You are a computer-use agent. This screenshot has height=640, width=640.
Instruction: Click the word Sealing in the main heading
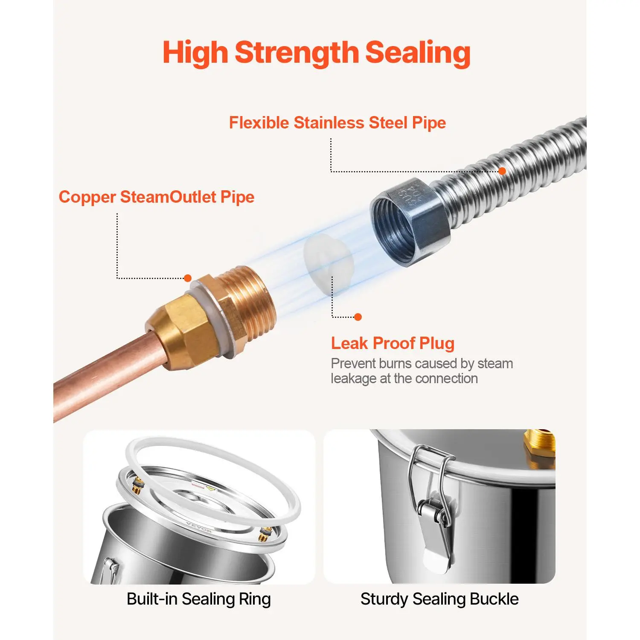click(418, 53)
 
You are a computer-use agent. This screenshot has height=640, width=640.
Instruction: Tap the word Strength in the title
click(297, 53)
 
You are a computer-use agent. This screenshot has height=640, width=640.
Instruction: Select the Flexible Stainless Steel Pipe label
click(337, 122)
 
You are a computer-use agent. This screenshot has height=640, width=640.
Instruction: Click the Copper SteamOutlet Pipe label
click(157, 197)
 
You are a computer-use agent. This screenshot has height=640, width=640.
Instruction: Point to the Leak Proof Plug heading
click(393, 343)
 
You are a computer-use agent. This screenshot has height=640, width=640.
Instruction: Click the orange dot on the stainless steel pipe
click(502, 171)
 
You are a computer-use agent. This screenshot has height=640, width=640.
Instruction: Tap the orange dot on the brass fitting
click(187, 278)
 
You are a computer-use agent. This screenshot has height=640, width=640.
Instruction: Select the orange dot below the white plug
click(358, 317)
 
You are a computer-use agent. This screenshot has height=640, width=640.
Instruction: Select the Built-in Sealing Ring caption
click(199, 599)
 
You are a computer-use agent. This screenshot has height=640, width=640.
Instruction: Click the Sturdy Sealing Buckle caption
click(439, 599)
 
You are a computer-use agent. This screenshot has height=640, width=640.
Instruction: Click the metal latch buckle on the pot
click(433, 508)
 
